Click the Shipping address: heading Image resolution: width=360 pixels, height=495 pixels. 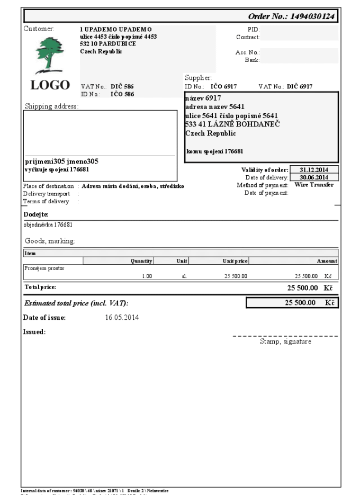(51, 106)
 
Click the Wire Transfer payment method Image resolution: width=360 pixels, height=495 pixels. (314, 185)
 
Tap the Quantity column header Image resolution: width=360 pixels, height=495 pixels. (141, 261)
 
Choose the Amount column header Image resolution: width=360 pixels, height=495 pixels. (327, 261)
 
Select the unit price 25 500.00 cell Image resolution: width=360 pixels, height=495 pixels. (235, 276)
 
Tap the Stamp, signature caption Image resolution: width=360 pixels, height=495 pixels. (285, 342)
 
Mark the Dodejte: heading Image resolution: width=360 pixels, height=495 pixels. (35, 214)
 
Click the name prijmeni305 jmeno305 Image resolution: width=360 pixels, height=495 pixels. (62, 161)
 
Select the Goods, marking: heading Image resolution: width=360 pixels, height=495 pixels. (50, 241)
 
